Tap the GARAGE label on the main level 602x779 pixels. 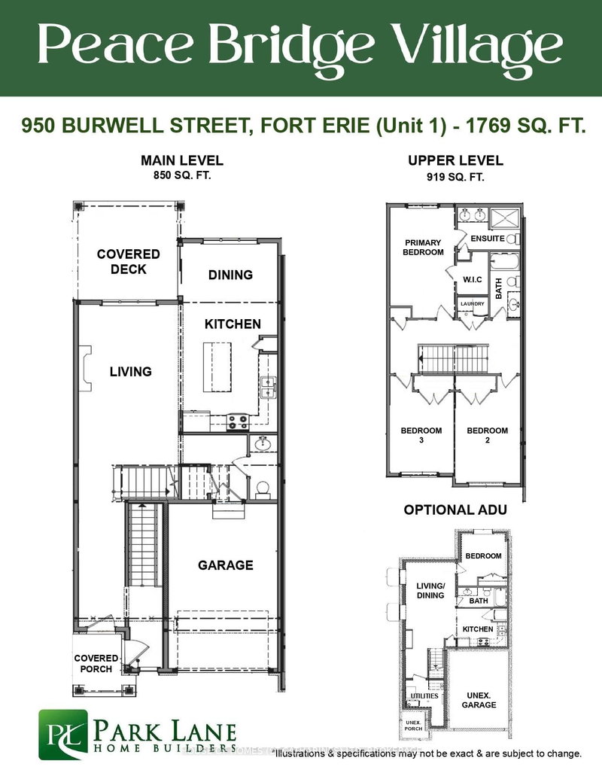pos(225,565)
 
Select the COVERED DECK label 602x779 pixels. pos(128,262)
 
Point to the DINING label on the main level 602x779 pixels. pos(230,275)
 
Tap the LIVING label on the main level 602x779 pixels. pos(130,371)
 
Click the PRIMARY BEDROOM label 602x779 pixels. pos(424,248)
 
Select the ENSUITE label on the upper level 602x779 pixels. pos(488,239)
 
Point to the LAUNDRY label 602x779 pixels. pos(473,304)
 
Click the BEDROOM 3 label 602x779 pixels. pos(421,436)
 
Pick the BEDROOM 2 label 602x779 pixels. pos(487,436)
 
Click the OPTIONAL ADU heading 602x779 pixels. pos(455,510)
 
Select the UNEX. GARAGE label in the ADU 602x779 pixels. pos(479,700)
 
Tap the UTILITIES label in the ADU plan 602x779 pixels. pos(421,696)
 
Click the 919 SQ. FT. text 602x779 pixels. pos(455,176)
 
